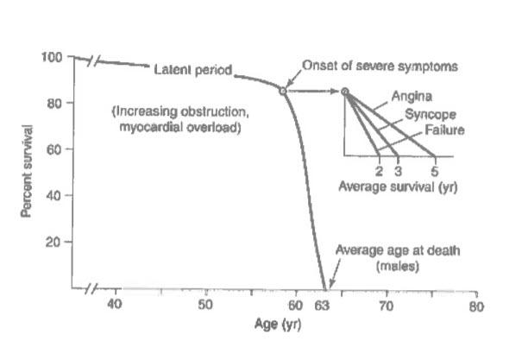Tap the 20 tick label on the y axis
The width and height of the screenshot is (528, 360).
click(x=53, y=243)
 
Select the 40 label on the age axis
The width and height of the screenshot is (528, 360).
click(x=114, y=306)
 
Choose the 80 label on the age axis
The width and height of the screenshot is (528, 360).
click(x=475, y=306)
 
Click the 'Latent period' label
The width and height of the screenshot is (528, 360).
click(x=192, y=70)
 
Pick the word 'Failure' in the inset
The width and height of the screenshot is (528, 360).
click(x=443, y=130)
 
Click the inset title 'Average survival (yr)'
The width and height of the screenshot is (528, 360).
click(x=392, y=186)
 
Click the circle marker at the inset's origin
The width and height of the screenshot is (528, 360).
click(x=345, y=91)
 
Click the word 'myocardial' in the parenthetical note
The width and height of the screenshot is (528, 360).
click(x=148, y=128)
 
